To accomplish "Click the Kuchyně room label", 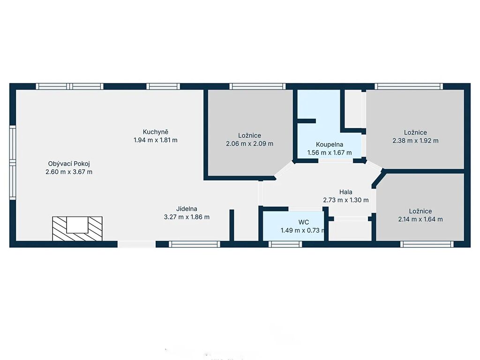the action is tap(156, 132).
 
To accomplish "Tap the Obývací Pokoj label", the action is tap(69, 164).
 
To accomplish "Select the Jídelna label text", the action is tap(187, 209).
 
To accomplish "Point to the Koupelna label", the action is tap(330, 144).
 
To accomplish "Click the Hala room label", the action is tap(345, 192).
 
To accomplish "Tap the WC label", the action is tap(304, 222).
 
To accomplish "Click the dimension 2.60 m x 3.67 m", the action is tap(69, 172).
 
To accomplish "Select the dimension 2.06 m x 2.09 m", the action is tap(249, 143).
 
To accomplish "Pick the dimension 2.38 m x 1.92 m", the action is tap(415, 141).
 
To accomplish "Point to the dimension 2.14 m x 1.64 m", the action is tap(420, 219).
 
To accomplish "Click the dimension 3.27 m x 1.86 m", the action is tap(187, 217).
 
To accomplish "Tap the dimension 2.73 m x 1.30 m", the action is tap(345, 200).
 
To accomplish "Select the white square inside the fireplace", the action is tap(77, 225).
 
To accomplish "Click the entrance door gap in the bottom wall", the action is tap(136, 244).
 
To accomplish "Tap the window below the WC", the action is tap(285, 244).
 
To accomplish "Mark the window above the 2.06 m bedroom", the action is tap(257, 86).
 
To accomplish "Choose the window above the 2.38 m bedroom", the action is tap(409, 86).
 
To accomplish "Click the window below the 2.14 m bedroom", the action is tap(427, 244).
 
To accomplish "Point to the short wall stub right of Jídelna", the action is tap(232, 225).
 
